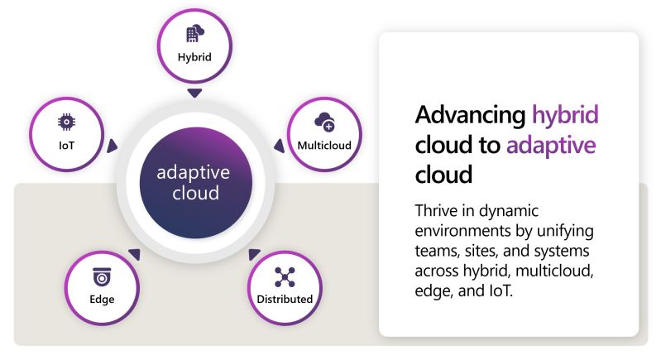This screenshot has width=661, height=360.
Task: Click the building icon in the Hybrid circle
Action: click(x=194, y=34)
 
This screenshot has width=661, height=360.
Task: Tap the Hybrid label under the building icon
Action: click(x=194, y=57)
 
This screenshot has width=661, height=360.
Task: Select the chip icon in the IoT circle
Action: click(x=65, y=122)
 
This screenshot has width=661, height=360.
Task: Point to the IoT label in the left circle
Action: click(x=65, y=146)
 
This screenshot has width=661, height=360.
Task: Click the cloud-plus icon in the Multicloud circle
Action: click(x=324, y=123)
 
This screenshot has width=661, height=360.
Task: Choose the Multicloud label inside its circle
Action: click(x=324, y=146)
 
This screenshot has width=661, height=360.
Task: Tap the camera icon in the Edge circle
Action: click(x=102, y=276)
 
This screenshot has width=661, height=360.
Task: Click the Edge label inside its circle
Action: click(x=102, y=299)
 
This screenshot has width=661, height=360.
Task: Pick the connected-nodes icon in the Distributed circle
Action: click(x=284, y=276)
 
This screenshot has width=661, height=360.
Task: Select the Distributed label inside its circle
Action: click(x=284, y=299)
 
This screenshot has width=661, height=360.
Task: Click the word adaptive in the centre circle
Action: click(x=194, y=173)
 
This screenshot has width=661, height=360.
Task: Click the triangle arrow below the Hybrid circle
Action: click(x=194, y=93)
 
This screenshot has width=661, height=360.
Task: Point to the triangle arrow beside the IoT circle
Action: click(x=112, y=146)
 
